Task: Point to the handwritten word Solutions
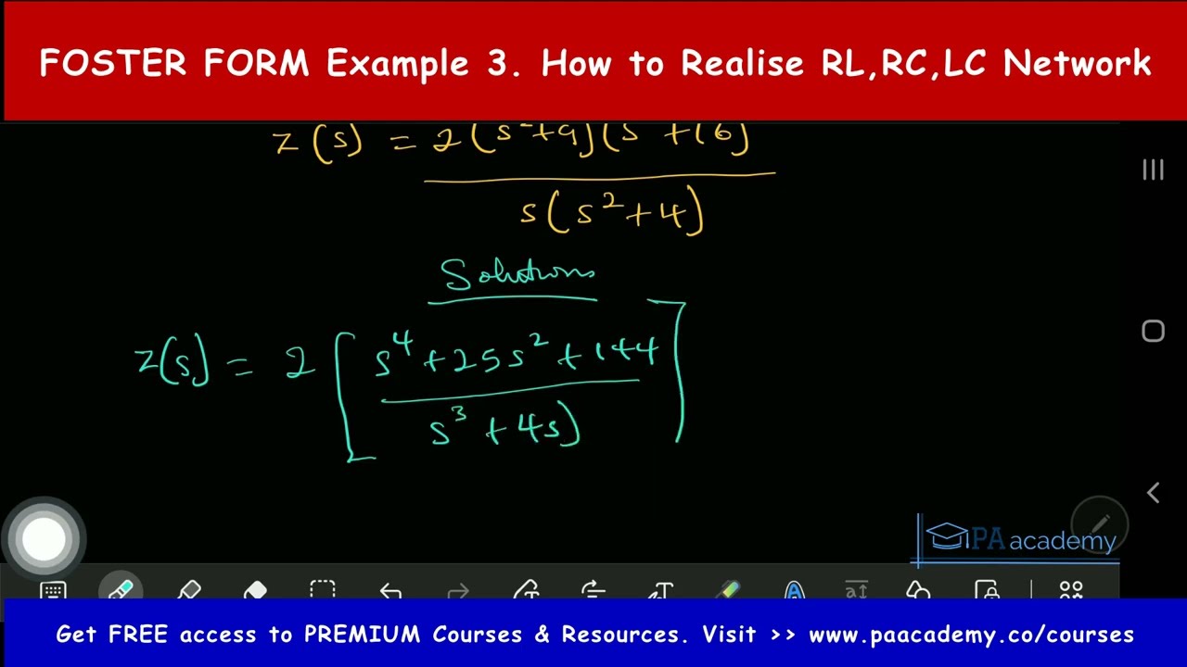pos(517,276)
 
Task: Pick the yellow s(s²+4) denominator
pos(612,214)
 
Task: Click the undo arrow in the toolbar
pos(390,591)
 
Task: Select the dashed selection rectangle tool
pos(323,591)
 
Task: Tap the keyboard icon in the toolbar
pos(53,591)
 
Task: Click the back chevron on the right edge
pos(1153,493)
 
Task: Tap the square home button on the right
pos(1153,331)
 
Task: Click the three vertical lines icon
pos(1153,170)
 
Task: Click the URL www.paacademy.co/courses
pos(971,635)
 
